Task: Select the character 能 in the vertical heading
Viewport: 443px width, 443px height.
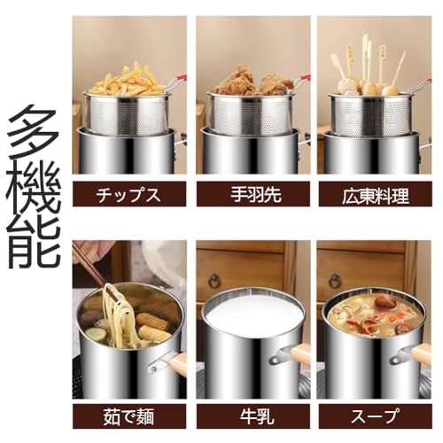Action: pyautogui.click(x=34, y=239)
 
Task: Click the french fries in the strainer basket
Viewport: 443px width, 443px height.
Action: pyautogui.click(x=128, y=82)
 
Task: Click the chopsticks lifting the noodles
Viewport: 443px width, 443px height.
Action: pyautogui.click(x=93, y=266)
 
